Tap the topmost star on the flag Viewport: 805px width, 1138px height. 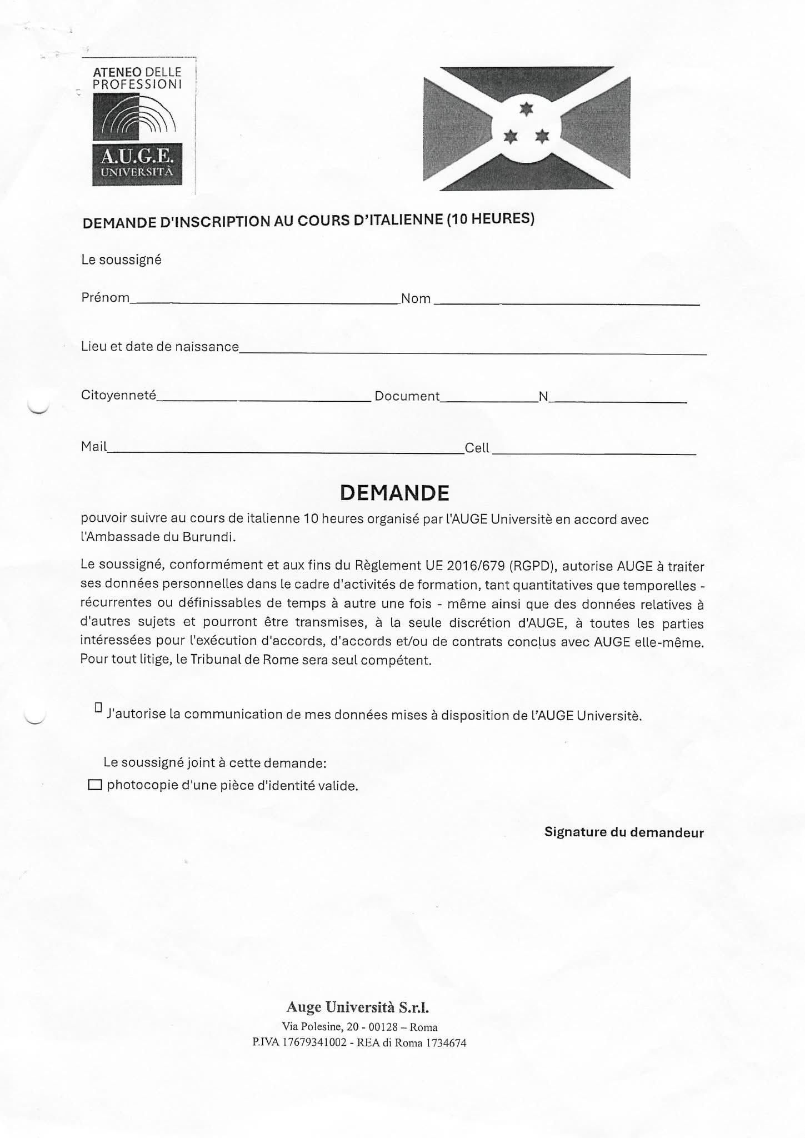tap(526, 109)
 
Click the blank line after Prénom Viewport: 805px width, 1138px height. tap(264, 302)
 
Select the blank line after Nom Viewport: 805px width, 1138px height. tap(566, 303)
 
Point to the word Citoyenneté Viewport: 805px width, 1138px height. tap(118, 395)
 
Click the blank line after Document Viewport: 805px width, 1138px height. tap(489, 400)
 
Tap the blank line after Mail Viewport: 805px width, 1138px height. tap(286, 453)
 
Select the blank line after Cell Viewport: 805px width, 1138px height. tap(593, 453)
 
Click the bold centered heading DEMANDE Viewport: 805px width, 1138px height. tap(394, 493)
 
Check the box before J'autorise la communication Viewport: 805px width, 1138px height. tap(98, 707)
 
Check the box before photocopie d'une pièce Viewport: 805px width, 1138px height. tap(96, 785)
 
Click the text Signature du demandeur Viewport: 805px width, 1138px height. tap(623, 832)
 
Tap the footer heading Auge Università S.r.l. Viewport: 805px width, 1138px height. tap(357, 1006)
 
